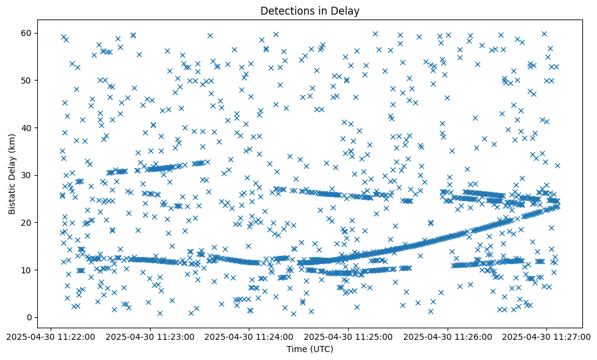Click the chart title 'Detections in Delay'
click(x=309, y=10)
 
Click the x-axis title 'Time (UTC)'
click(x=309, y=349)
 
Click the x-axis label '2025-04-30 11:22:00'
click(x=51, y=336)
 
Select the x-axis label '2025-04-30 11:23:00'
click(x=151, y=336)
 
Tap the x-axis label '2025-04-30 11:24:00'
click(x=250, y=336)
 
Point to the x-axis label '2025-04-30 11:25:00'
click(x=349, y=336)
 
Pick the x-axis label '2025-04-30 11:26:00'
click(x=449, y=336)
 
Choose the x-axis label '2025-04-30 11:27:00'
click(x=548, y=336)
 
